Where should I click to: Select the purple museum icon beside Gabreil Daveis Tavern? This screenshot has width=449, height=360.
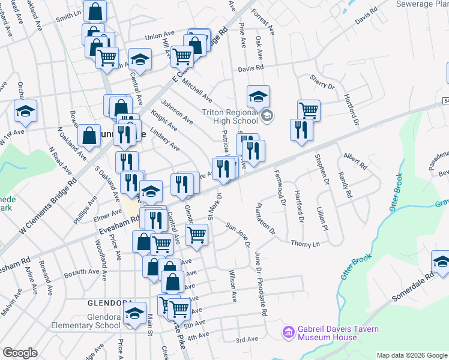pos(288,331)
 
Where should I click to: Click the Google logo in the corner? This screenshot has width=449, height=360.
pos(20,353)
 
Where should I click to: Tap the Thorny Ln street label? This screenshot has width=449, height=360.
pos(306,244)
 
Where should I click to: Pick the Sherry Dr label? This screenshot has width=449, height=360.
pos(322,82)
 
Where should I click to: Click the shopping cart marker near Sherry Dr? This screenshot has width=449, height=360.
pos(309,110)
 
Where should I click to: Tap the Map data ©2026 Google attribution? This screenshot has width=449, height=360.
pos(412,355)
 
